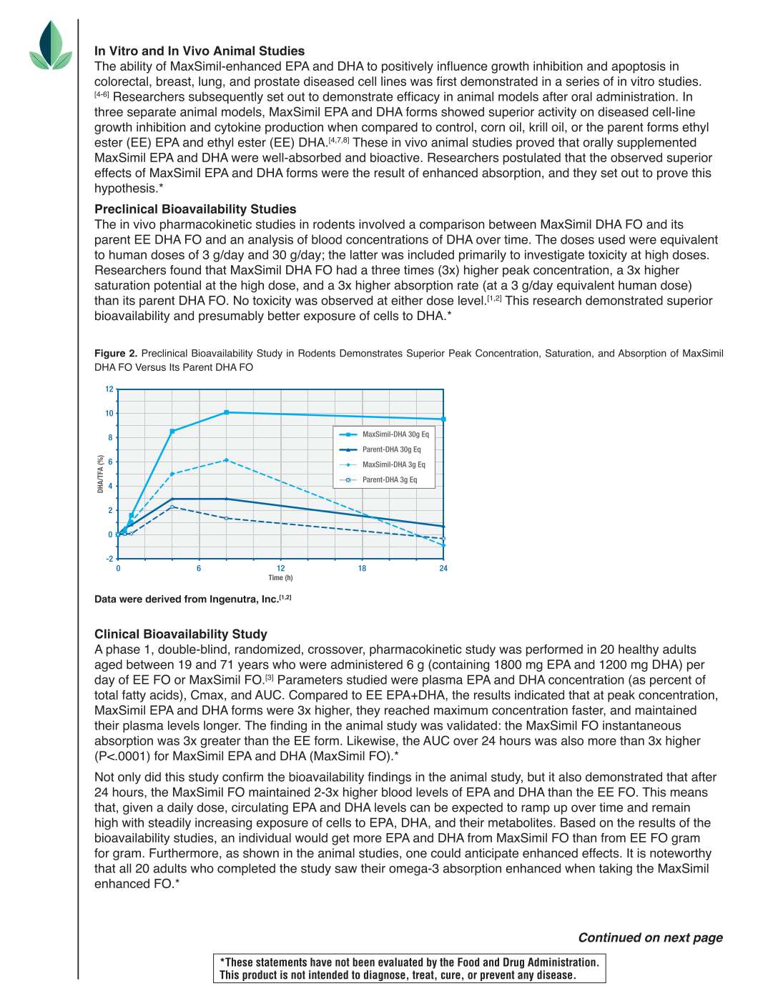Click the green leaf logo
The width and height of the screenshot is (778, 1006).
pyautogui.click(x=51, y=46)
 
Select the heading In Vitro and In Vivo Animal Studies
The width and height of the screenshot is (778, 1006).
pyautogui.click(x=200, y=51)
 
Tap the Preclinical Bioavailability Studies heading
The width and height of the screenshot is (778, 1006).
pyautogui.click(x=195, y=209)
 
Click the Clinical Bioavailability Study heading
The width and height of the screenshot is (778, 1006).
pyautogui.click(x=181, y=634)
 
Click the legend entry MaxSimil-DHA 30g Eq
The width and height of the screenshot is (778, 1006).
pyautogui.click(x=395, y=434)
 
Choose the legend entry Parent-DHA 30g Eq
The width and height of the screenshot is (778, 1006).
pyautogui.click(x=391, y=449)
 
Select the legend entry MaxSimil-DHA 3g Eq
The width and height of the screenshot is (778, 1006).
pyautogui.click(x=393, y=464)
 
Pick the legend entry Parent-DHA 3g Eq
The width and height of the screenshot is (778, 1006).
pyautogui.click(x=389, y=479)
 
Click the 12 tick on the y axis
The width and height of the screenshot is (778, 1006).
pyautogui.click(x=109, y=389)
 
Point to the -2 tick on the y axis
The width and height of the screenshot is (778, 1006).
pyautogui.click(x=109, y=559)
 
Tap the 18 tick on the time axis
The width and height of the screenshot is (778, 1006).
pyautogui.click(x=362, y=569)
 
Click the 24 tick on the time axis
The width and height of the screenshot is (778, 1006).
pyautogui.click(x=443, y=569)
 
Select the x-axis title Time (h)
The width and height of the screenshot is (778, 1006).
pyautogui.click(x=280, y=578)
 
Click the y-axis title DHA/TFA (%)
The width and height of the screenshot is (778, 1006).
pyautogui.click(x=101, y=474)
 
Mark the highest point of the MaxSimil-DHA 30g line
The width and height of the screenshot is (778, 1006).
pyautogui.click(x=227, y=412)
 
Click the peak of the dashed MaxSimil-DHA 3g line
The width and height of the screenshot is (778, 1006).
pyautogui.click(x=227, y=460)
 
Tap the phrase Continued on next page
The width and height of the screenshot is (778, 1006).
pyautogui.click(x=650, y=937)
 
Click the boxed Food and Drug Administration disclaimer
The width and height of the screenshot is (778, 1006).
pyautogui.click(x=409, y=969)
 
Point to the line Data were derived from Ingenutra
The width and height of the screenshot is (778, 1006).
pyautogui.click(x=192, y=599)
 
